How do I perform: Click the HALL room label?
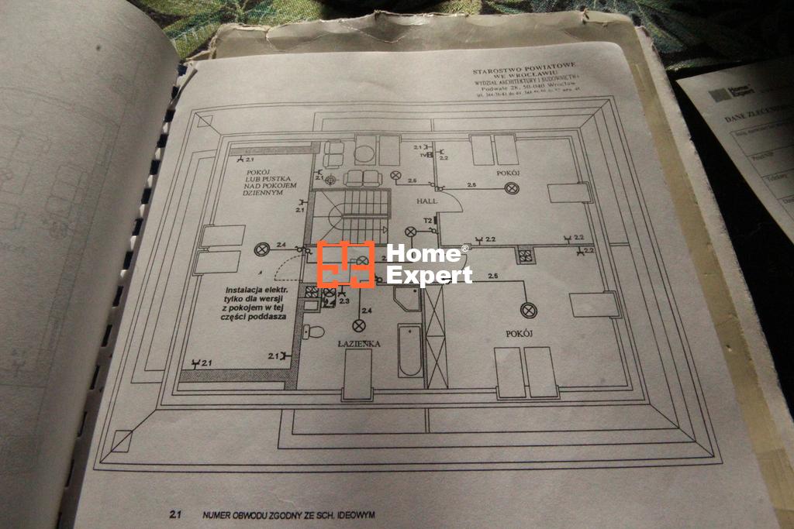coord(426,201)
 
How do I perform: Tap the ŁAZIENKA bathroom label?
coord(357,342)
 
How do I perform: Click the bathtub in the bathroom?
coord(410,351)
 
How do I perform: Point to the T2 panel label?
coord(427,221)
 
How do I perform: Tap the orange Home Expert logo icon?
coord(346,264)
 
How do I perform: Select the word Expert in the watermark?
coord(429,275)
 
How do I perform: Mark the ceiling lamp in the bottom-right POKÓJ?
coord(530,310)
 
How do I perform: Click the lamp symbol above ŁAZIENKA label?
coord(358,325)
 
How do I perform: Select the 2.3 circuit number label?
coord(344,299)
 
